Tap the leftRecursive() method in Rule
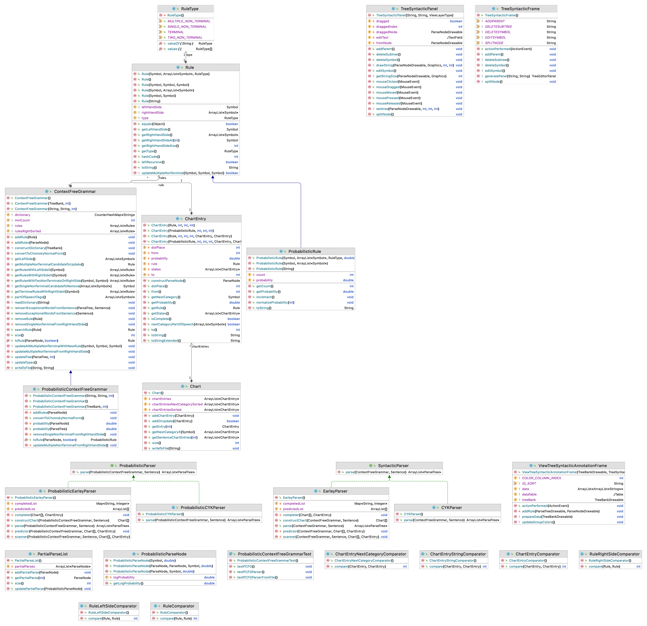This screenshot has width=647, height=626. (153, 162)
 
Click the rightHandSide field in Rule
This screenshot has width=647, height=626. (152, 113)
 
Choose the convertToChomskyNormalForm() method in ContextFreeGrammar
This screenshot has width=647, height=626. (40, 253)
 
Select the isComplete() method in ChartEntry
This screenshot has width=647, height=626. (161, 319)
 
